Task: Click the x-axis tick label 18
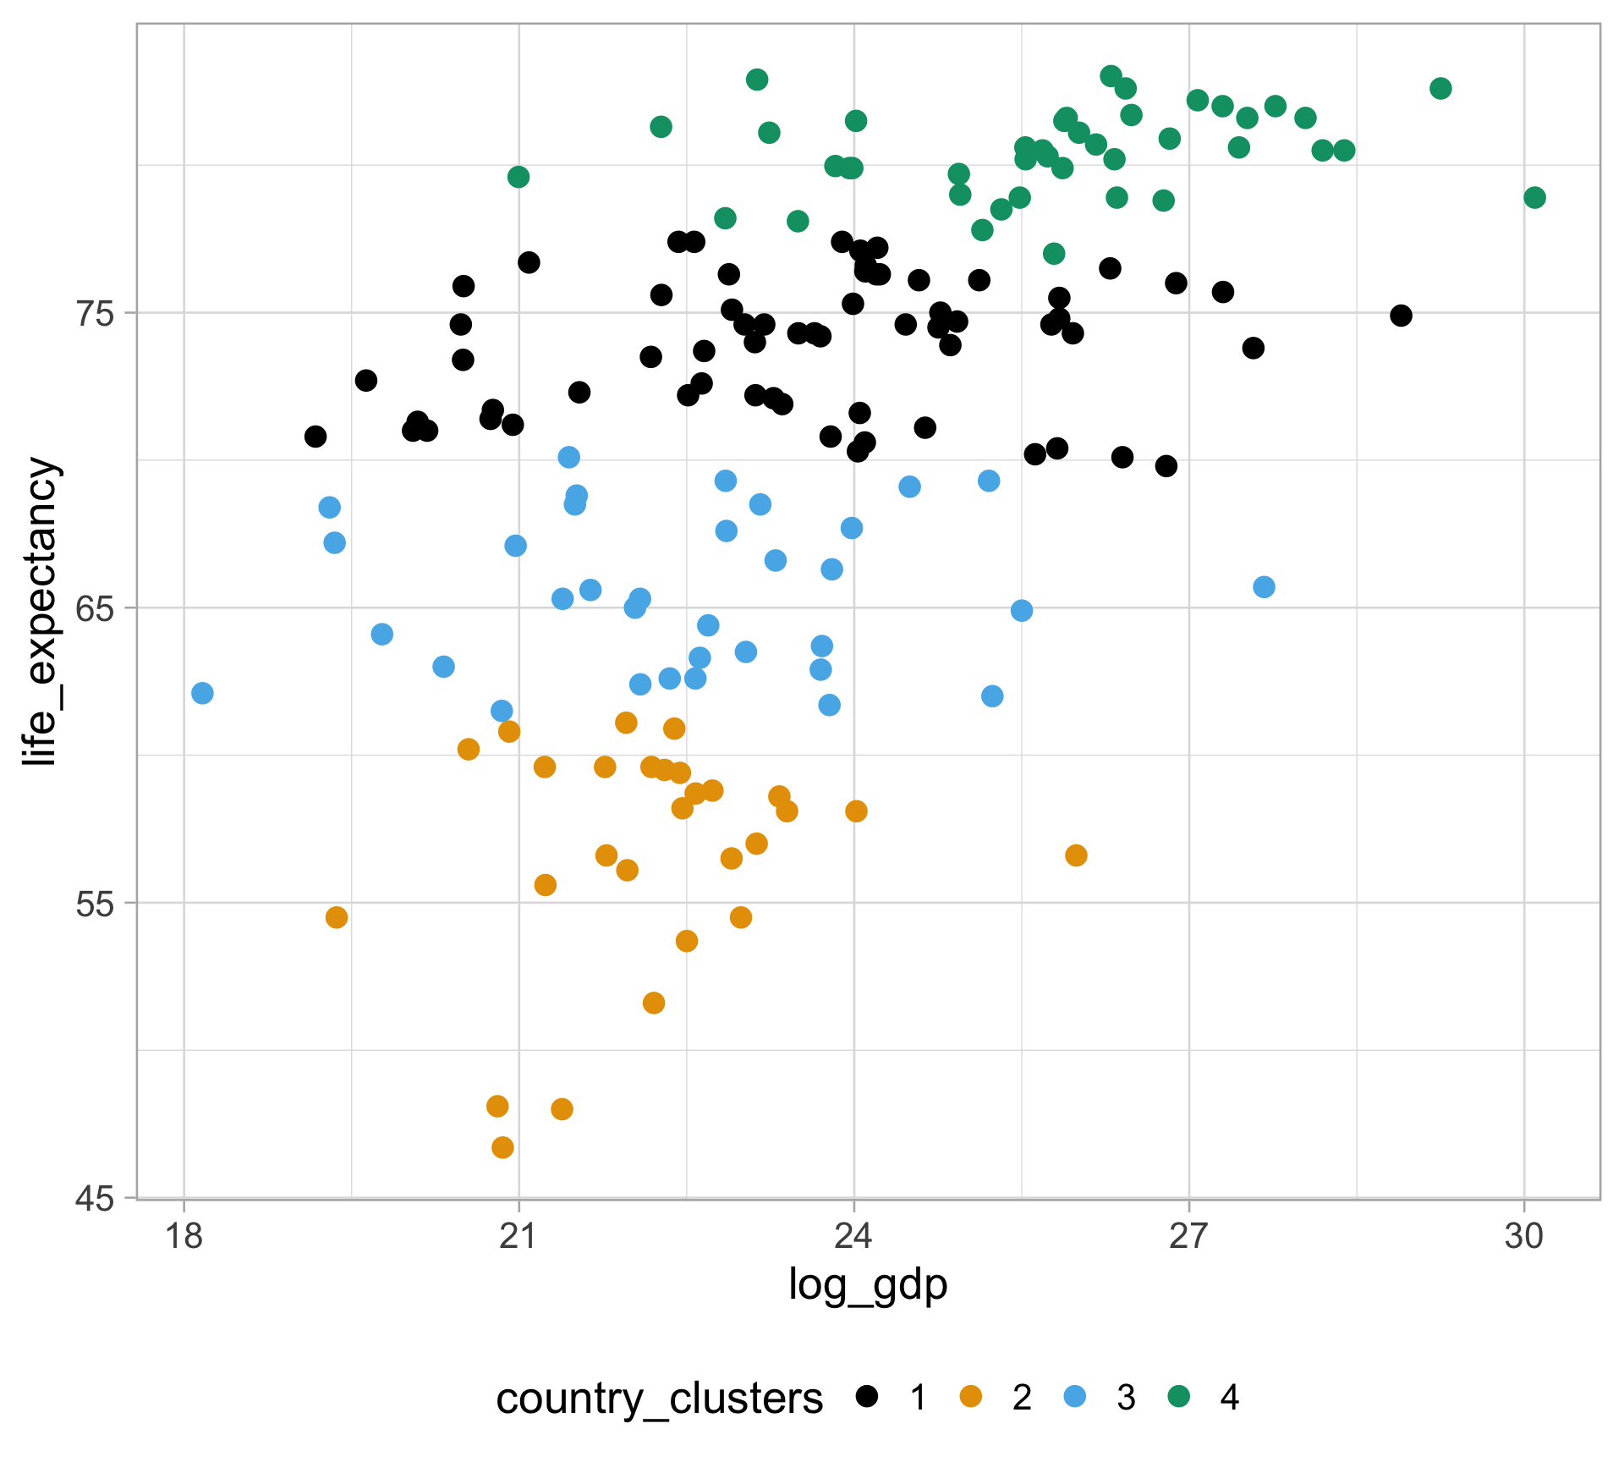[x=184, y=1237]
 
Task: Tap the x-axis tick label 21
[x=518, y=1237]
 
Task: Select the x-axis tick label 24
[x=853, y=1237]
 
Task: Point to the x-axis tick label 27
[x=1189, y=1237]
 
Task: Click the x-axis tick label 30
[x=1524, y=1237]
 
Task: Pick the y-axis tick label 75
[x=95, y=314]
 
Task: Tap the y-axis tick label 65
[x=95, y=608]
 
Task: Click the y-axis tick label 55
[x=95, y=904]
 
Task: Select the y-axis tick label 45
[x=95, y=1199]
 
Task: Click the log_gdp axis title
[x=868, y=1284]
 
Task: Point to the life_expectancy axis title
[x=41, y=611]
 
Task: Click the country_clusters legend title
[x=659, y=1399]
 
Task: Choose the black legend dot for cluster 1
[x=867, y=1397]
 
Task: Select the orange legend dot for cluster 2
[x=971, y=1397]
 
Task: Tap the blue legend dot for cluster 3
[x=1074, y=1397]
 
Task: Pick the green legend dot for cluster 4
[x=1178, y=1397]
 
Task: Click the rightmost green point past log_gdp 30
[x=1534, y=198]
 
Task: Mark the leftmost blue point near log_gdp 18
[x=202, y=694]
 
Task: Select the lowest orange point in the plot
[x=502, y=1148]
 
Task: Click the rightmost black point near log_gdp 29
[x=1401, y=316]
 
